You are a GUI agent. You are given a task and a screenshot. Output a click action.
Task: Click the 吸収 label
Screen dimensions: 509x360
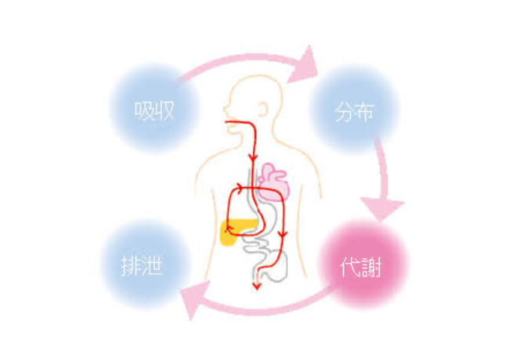point(154,111)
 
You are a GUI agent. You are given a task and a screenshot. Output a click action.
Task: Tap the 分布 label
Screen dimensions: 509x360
point(354,112)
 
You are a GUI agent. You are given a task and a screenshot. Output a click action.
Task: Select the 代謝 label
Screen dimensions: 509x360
point(361,267)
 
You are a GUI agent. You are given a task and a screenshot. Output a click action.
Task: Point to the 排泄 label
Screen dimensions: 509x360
point(142,266)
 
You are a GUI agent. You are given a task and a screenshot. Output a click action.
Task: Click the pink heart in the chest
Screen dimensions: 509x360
point(273,182)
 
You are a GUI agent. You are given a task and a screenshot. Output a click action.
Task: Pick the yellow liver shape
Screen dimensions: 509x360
point(236,232)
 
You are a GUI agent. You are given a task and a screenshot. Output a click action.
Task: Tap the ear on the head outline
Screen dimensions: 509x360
point(262,109)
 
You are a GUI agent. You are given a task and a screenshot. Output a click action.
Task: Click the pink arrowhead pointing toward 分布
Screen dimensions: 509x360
point(304,66)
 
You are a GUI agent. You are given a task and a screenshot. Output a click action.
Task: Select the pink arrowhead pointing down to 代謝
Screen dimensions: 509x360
point(382,208)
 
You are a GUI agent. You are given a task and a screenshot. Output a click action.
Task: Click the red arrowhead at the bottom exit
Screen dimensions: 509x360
point(257,286)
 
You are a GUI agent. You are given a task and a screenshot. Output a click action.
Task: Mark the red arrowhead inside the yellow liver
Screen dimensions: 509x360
point(229,229)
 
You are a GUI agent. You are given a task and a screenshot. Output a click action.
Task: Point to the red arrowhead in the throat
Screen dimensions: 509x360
point(253,157)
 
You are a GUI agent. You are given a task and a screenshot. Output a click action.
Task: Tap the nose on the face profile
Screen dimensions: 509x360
point(225,109)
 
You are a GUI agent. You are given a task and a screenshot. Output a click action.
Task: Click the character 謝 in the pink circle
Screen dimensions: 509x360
point(371,268)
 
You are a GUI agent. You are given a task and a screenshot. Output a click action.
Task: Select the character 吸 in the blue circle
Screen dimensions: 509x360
point(144,111)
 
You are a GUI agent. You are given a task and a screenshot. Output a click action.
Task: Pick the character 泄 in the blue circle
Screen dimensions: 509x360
point(152,266)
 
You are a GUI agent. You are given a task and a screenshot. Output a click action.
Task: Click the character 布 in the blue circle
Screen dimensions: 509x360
point(365,112)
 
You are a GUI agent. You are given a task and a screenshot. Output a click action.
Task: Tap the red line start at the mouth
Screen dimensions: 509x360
point(226,122)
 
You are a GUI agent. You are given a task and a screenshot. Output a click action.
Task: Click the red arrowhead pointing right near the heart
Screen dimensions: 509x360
point(239,188)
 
